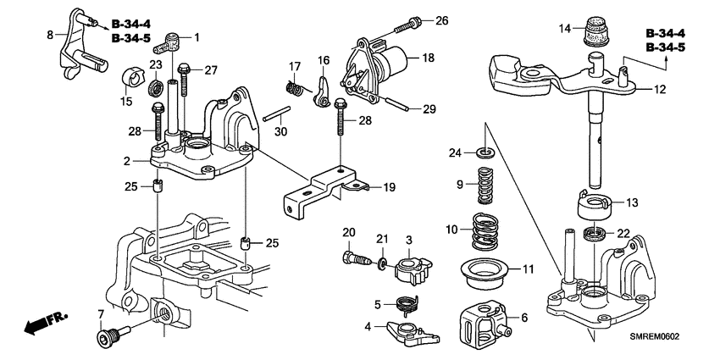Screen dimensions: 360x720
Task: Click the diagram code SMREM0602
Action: point(652,336)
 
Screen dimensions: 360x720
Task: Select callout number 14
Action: point(565,28)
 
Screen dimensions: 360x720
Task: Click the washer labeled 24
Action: point(485,152)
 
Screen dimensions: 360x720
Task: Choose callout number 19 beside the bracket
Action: point(390,186)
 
